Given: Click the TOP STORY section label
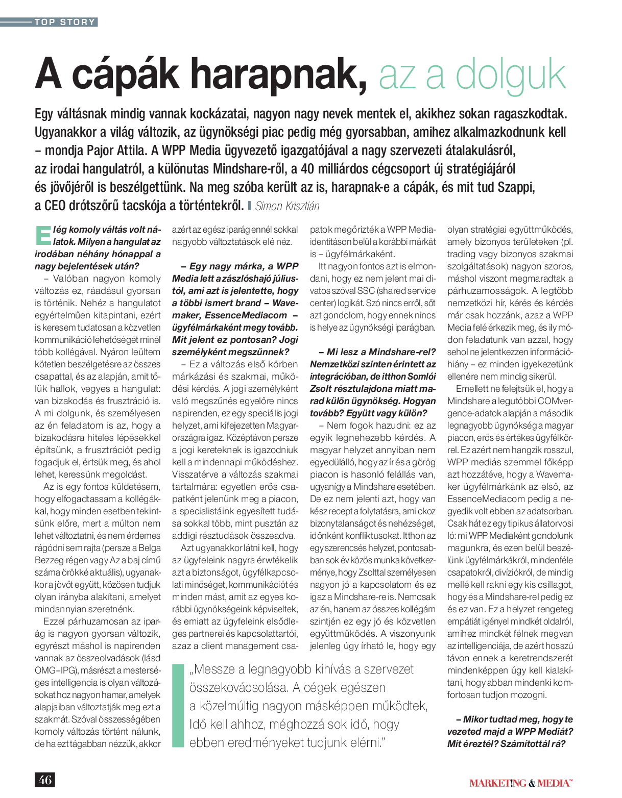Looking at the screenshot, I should (x=65, y=22).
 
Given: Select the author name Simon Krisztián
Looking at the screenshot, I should (x=287, y=206).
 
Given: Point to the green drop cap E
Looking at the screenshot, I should (x=43, y=235).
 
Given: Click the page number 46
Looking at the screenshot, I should (x=45, y=780).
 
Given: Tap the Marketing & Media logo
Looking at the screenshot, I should (x=520, y=783).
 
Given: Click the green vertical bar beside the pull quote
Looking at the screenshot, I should (x=178, y=706).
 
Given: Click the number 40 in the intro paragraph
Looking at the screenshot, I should (x=307, y=169).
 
